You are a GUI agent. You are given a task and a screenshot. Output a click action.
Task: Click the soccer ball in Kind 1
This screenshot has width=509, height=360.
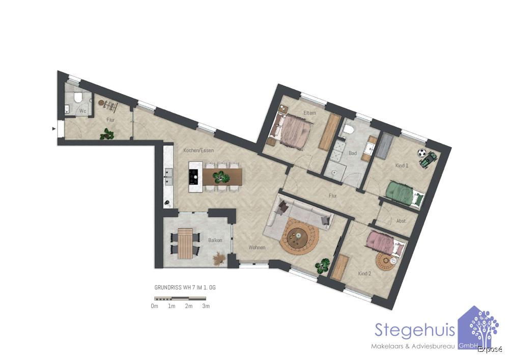pyautogui.click(x=421, y=152)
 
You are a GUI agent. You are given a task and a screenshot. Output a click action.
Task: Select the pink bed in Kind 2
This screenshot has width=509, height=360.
pyautogui.click(x=386, y=242)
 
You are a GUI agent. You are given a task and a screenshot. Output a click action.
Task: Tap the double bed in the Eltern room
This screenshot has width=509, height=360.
pyautogui.click(x=292, y=131)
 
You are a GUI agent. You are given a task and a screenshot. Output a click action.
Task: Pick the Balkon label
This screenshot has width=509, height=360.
pyautogui.click(x=215, y=240)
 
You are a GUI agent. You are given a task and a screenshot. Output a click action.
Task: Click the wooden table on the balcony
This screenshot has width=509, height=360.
pyautogui.click(x=185, y=243)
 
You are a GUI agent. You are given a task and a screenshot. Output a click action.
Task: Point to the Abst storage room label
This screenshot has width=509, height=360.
pyautogui.click(x=401, y=221)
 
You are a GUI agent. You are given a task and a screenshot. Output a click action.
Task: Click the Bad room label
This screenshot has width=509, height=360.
pyautogui.click(x=353, y=153)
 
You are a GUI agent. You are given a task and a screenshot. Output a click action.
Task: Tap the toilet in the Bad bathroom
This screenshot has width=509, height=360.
pyautogui.click(x=349, y=131)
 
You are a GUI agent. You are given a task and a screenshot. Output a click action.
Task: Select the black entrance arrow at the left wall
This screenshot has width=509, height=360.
pyautogui.click(x=53, y=129)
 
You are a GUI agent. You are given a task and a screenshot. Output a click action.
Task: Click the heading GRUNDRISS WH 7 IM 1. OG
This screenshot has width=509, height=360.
pyautogui.click(x=185, y=287)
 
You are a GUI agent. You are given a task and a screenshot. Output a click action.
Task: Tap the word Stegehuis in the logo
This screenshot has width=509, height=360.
pyautogui.click(x=414, y=330)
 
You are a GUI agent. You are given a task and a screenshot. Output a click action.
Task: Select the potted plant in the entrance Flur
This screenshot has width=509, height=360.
pyautogui.click(x=107, y=134)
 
